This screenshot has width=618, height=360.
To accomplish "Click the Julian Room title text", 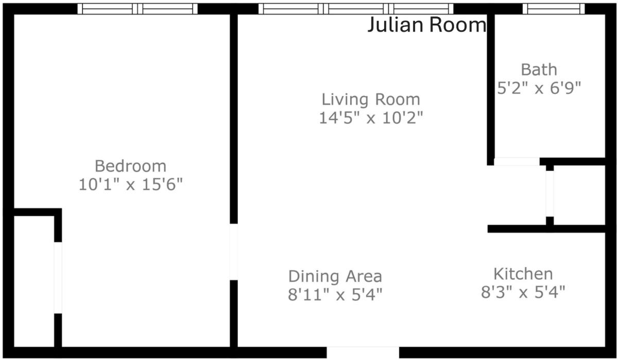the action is tap(427, 25).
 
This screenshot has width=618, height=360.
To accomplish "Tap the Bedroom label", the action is tap(130, 166).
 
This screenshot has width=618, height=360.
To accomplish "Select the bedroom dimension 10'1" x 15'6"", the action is tap(130, 184).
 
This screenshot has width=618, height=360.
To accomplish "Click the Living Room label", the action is tap(371, 99).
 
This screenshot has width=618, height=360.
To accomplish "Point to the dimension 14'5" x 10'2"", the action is tap(371, 118).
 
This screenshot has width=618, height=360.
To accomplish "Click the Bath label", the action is tap(539, 70).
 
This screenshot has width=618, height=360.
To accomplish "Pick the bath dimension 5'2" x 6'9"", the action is tap(539, 88).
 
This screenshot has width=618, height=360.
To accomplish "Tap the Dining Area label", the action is tap(335, 276).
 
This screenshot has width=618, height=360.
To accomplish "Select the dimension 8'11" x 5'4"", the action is tap(335, 295).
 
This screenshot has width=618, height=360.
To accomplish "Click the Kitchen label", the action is tap(523, 274).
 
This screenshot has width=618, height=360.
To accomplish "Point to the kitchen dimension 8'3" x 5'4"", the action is tap(523, 292).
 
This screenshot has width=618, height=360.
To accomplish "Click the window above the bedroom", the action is tap(138, 9).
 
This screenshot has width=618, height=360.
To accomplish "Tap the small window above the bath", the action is tap(554, 9).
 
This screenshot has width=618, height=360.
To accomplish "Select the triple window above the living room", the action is tap(356, 9).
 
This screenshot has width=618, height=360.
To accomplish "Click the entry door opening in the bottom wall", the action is tap(363, 352).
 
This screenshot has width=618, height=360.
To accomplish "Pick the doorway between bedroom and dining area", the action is tap(234, 252).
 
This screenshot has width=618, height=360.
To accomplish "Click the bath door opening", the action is tap(517, 162).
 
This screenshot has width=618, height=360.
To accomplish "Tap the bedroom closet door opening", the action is tap(58, 278).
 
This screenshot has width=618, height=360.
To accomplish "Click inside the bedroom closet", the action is tap(34, 281).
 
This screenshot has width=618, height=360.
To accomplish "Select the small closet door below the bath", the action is tap(550, 194).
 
